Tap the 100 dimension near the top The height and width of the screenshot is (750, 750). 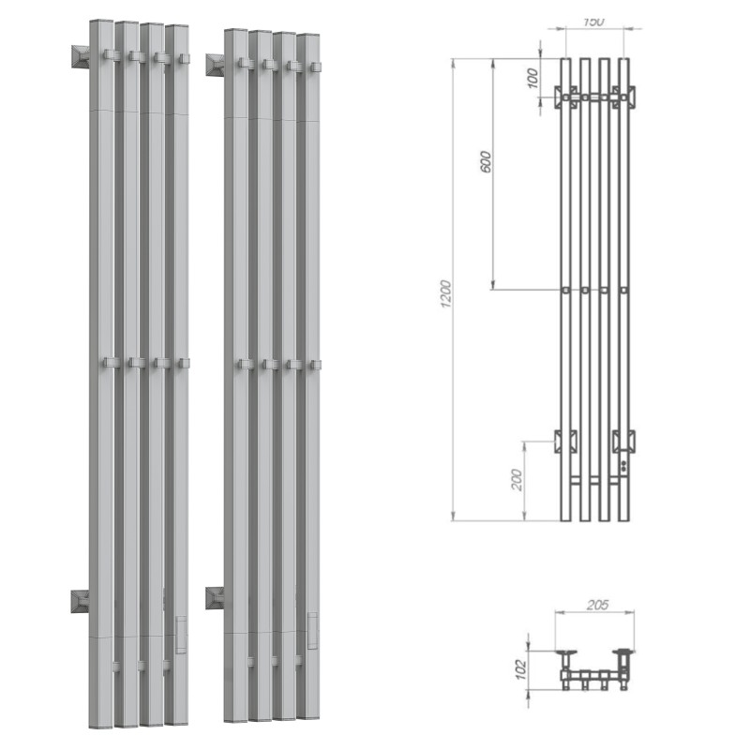click(533, 78)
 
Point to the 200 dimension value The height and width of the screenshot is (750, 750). click(517, 480)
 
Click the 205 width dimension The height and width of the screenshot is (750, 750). click(595, 606)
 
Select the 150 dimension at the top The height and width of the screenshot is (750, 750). click(593, 21)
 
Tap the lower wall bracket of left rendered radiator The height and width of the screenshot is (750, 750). click(79, 601)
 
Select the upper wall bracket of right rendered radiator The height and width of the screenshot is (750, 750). click(214, 65)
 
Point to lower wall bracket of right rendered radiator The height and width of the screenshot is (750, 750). click(214, 597)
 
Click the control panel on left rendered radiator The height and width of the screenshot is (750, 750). click(180, 634)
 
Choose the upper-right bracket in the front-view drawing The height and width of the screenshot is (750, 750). click(624, 96)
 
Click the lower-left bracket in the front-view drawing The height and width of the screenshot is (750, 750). click(565, 441)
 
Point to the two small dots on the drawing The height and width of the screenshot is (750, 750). click(623, 464)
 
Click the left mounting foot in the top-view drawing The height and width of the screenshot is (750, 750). click(565, 653)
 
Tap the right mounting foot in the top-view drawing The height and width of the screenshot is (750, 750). click(622, 653)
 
